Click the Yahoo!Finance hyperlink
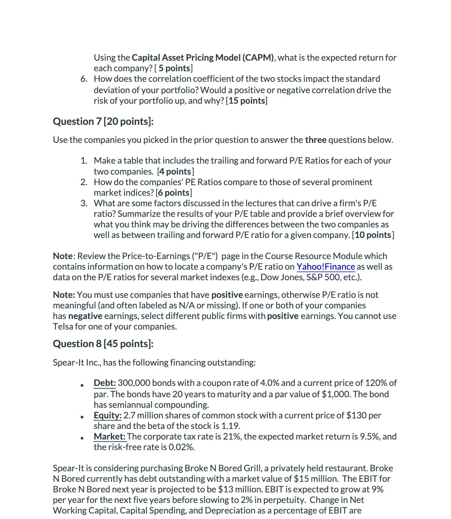325,267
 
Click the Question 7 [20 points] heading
103,121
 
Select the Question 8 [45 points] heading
103,344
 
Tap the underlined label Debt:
105,383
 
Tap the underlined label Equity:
108,415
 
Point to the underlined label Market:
110,436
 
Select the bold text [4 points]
175,171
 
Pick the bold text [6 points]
174,193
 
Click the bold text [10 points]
373,235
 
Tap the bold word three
316,140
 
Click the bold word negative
85,316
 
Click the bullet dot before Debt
82,385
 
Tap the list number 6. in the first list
84,79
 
